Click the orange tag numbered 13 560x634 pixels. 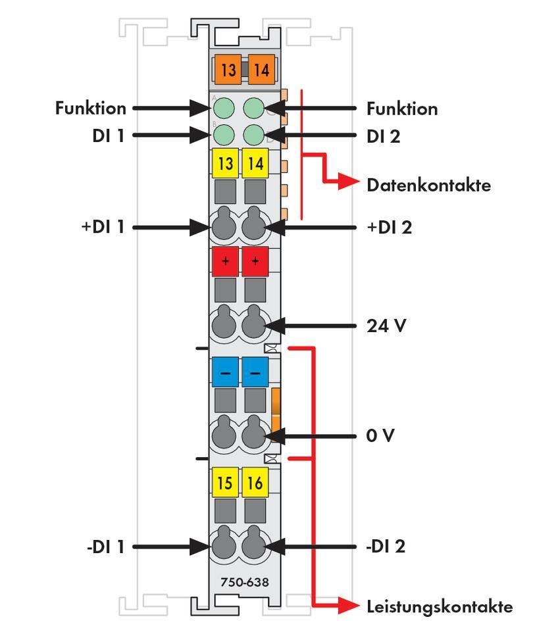point(228,69)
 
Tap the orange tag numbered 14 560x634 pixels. point(261,69)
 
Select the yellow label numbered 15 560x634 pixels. point(225,484)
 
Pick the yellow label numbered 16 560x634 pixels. point(255,484)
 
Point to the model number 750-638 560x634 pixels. point(240,583)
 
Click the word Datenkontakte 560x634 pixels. point(428,185)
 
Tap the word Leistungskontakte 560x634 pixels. point(439,606)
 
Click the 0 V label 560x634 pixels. point(380,435)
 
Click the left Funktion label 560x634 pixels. point(90,108)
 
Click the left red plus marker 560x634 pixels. point(225,261)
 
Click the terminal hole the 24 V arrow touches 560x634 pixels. point(255,326)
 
